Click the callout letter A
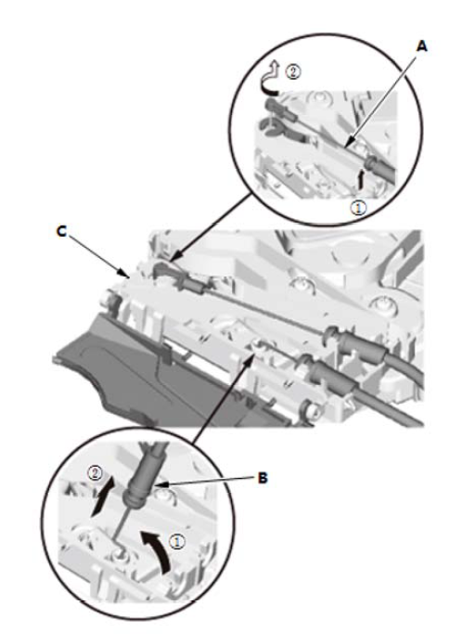pyautogui.click(x=422, y=46)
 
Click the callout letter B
pyautogui.click(x=263, y=478)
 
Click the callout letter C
pyautogui.click(x=61, y=232)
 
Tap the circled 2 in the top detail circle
pyautogui.click(x=293, y=71)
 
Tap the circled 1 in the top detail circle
pyautogui.click(x=358, y=208)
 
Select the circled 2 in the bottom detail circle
pyautogui.click(x=96, y=474)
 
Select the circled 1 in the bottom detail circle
pyautogui.click(x=177, y=542)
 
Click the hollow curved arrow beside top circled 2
pyautogui.click(x=270, y=78)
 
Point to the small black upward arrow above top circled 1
pyautogui.click(x=362, y=178)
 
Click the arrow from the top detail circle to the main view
pyautogui.click(x=211, y=227)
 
